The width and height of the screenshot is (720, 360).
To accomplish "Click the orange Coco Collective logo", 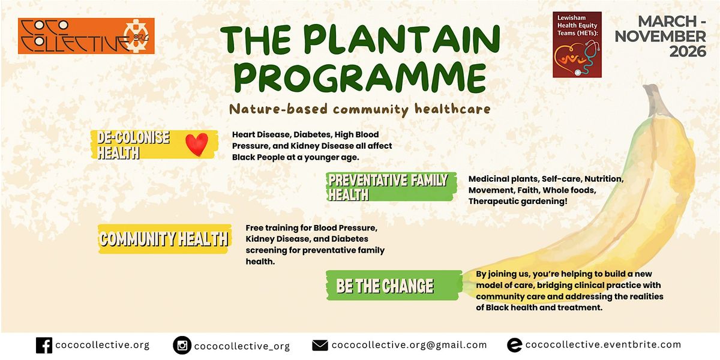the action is click(x=86, y=35).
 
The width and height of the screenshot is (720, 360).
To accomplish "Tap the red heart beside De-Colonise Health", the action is click(x=197, y=144).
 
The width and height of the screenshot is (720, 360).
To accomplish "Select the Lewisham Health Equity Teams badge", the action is click(x=577, y=44).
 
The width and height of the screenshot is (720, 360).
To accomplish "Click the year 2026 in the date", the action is click(x=688, y=52).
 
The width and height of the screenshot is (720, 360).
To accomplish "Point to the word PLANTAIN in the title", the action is click(x=401, y=39).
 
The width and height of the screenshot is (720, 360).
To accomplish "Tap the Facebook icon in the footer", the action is click(x=44, y=346).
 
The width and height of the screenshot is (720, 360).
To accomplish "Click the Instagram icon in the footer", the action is click(x=182, y=345).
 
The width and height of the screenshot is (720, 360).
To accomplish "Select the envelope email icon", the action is click(x=320, y=346).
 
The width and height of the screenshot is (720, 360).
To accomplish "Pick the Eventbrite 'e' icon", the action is click(x=514, y=345).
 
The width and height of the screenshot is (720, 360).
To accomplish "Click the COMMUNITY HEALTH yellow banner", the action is click(x=164, y=239).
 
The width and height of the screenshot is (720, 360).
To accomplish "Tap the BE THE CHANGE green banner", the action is click(x=394, y=286).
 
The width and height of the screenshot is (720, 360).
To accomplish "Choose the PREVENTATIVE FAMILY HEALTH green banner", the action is click(x=391, y=187).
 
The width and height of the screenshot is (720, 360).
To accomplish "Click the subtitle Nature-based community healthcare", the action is click(x=359, y=109).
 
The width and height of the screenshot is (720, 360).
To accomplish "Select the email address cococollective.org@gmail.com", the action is click(x=409, y=345).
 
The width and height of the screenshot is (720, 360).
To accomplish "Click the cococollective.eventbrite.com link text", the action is click(x=604, y=344).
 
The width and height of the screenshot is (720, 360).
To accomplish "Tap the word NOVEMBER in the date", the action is click(x=660, y=37).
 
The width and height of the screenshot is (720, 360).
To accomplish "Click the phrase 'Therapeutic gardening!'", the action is click(x=518, y=201).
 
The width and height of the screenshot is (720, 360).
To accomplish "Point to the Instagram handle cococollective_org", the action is click(x=242, y=346).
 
